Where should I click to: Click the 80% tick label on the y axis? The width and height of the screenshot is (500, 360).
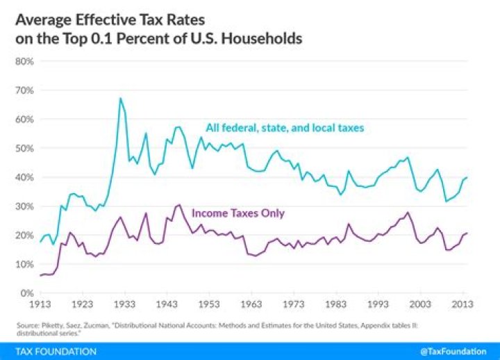coord(24,61)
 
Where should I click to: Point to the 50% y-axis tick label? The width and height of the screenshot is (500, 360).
coord(24,148)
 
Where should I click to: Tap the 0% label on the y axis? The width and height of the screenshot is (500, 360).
coord(27,293)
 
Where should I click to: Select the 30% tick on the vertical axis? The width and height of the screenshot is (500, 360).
coord(24,206)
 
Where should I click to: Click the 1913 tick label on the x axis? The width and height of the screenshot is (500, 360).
coord(40,304)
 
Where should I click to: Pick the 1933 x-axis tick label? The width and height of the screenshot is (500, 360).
coord(124,304)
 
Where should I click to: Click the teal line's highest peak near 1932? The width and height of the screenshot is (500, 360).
coord(120,98)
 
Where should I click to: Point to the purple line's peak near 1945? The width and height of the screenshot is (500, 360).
coord(178,204)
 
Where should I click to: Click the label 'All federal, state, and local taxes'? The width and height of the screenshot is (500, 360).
coord(285,128)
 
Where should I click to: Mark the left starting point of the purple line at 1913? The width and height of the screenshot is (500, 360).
coord(40,276)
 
